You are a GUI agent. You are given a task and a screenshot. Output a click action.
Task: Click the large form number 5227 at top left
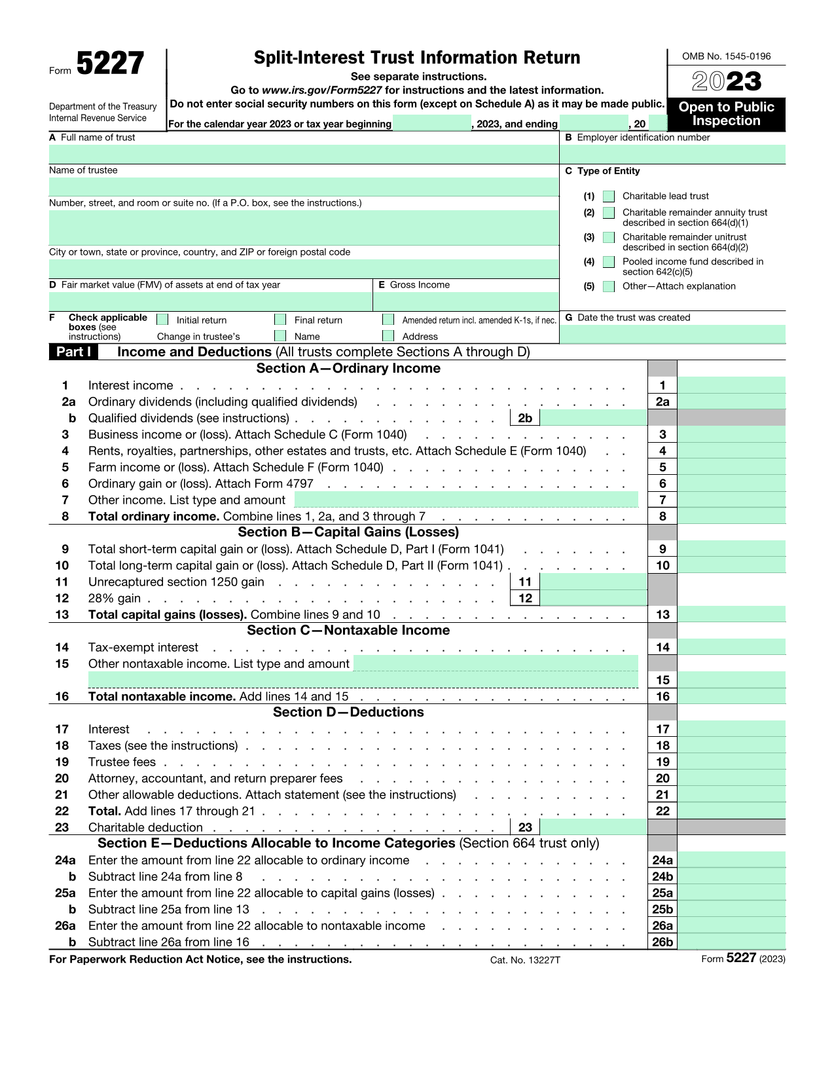(110, 64)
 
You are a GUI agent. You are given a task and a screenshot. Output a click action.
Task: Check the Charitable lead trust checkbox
(609, 196)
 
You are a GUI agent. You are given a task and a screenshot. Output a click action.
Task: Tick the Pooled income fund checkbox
(609, 262)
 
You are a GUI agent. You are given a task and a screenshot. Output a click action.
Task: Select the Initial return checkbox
(163, 320)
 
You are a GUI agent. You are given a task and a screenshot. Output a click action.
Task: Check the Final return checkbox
(280, 320)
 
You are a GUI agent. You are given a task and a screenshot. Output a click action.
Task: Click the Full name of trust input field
(304, 155)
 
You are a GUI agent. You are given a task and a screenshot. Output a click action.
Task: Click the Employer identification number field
(672, 155)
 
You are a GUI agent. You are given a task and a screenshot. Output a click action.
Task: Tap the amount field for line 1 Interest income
(731, 385)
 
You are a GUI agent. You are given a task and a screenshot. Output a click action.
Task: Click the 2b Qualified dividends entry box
(593, 418)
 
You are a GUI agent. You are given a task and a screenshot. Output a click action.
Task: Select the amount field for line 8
(731, 516)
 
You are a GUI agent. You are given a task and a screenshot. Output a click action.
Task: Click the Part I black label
(73, 352)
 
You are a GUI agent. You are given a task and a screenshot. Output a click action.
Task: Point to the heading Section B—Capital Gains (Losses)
(348, 532)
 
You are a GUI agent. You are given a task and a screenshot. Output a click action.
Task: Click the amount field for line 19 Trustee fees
(731, 762)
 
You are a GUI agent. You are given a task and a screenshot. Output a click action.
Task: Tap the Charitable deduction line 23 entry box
(593, 827)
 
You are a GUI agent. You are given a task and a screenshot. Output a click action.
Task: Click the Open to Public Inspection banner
(726, 114)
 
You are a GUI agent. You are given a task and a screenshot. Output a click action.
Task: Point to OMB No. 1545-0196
(726, 56)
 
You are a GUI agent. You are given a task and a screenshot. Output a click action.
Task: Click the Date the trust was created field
(672, 334)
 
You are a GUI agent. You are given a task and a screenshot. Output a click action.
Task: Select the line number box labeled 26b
(662, 942)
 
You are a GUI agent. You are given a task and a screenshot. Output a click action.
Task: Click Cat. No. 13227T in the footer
(525, 960)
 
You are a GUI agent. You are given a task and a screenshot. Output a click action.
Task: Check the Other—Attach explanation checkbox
(609, 286)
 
